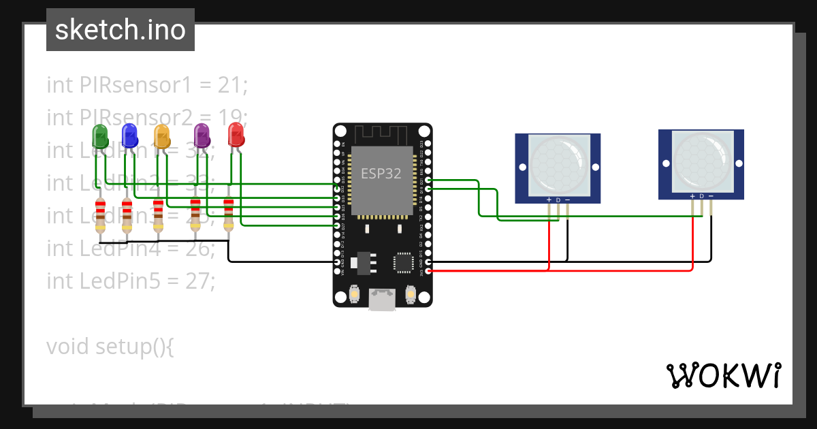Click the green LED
(99, 136)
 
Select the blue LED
(129, 136)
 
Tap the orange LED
(161, 136)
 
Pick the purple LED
(202, 136)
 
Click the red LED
(236, 134)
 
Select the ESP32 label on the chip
(381, 174)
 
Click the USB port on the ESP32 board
(382, 299)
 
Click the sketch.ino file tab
(121, 30)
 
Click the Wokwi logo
(723, 375)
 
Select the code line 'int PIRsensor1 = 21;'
(147, 85)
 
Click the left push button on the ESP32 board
(354, 294)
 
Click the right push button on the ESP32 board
(410, 294)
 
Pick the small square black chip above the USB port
(403, 262)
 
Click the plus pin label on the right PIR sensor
(692, 196)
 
